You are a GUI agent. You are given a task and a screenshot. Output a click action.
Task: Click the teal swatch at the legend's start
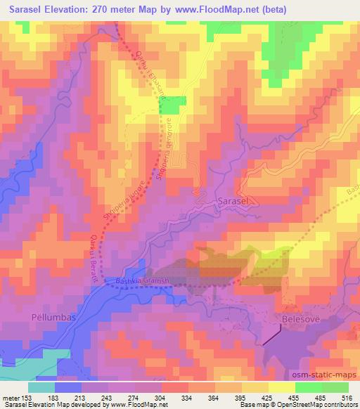(x=41, y=387)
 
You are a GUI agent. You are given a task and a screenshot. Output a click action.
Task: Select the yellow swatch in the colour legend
(x=282, y=387)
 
